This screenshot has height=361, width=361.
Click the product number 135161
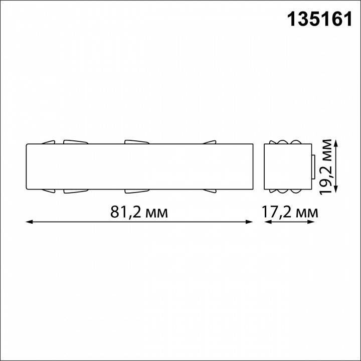point(315,20)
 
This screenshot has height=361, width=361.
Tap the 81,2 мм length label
point(138,213)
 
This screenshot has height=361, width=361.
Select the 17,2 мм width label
point(290,213)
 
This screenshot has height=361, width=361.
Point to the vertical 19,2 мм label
point(326,167)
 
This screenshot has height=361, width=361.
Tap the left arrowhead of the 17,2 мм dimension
point(267,222)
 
